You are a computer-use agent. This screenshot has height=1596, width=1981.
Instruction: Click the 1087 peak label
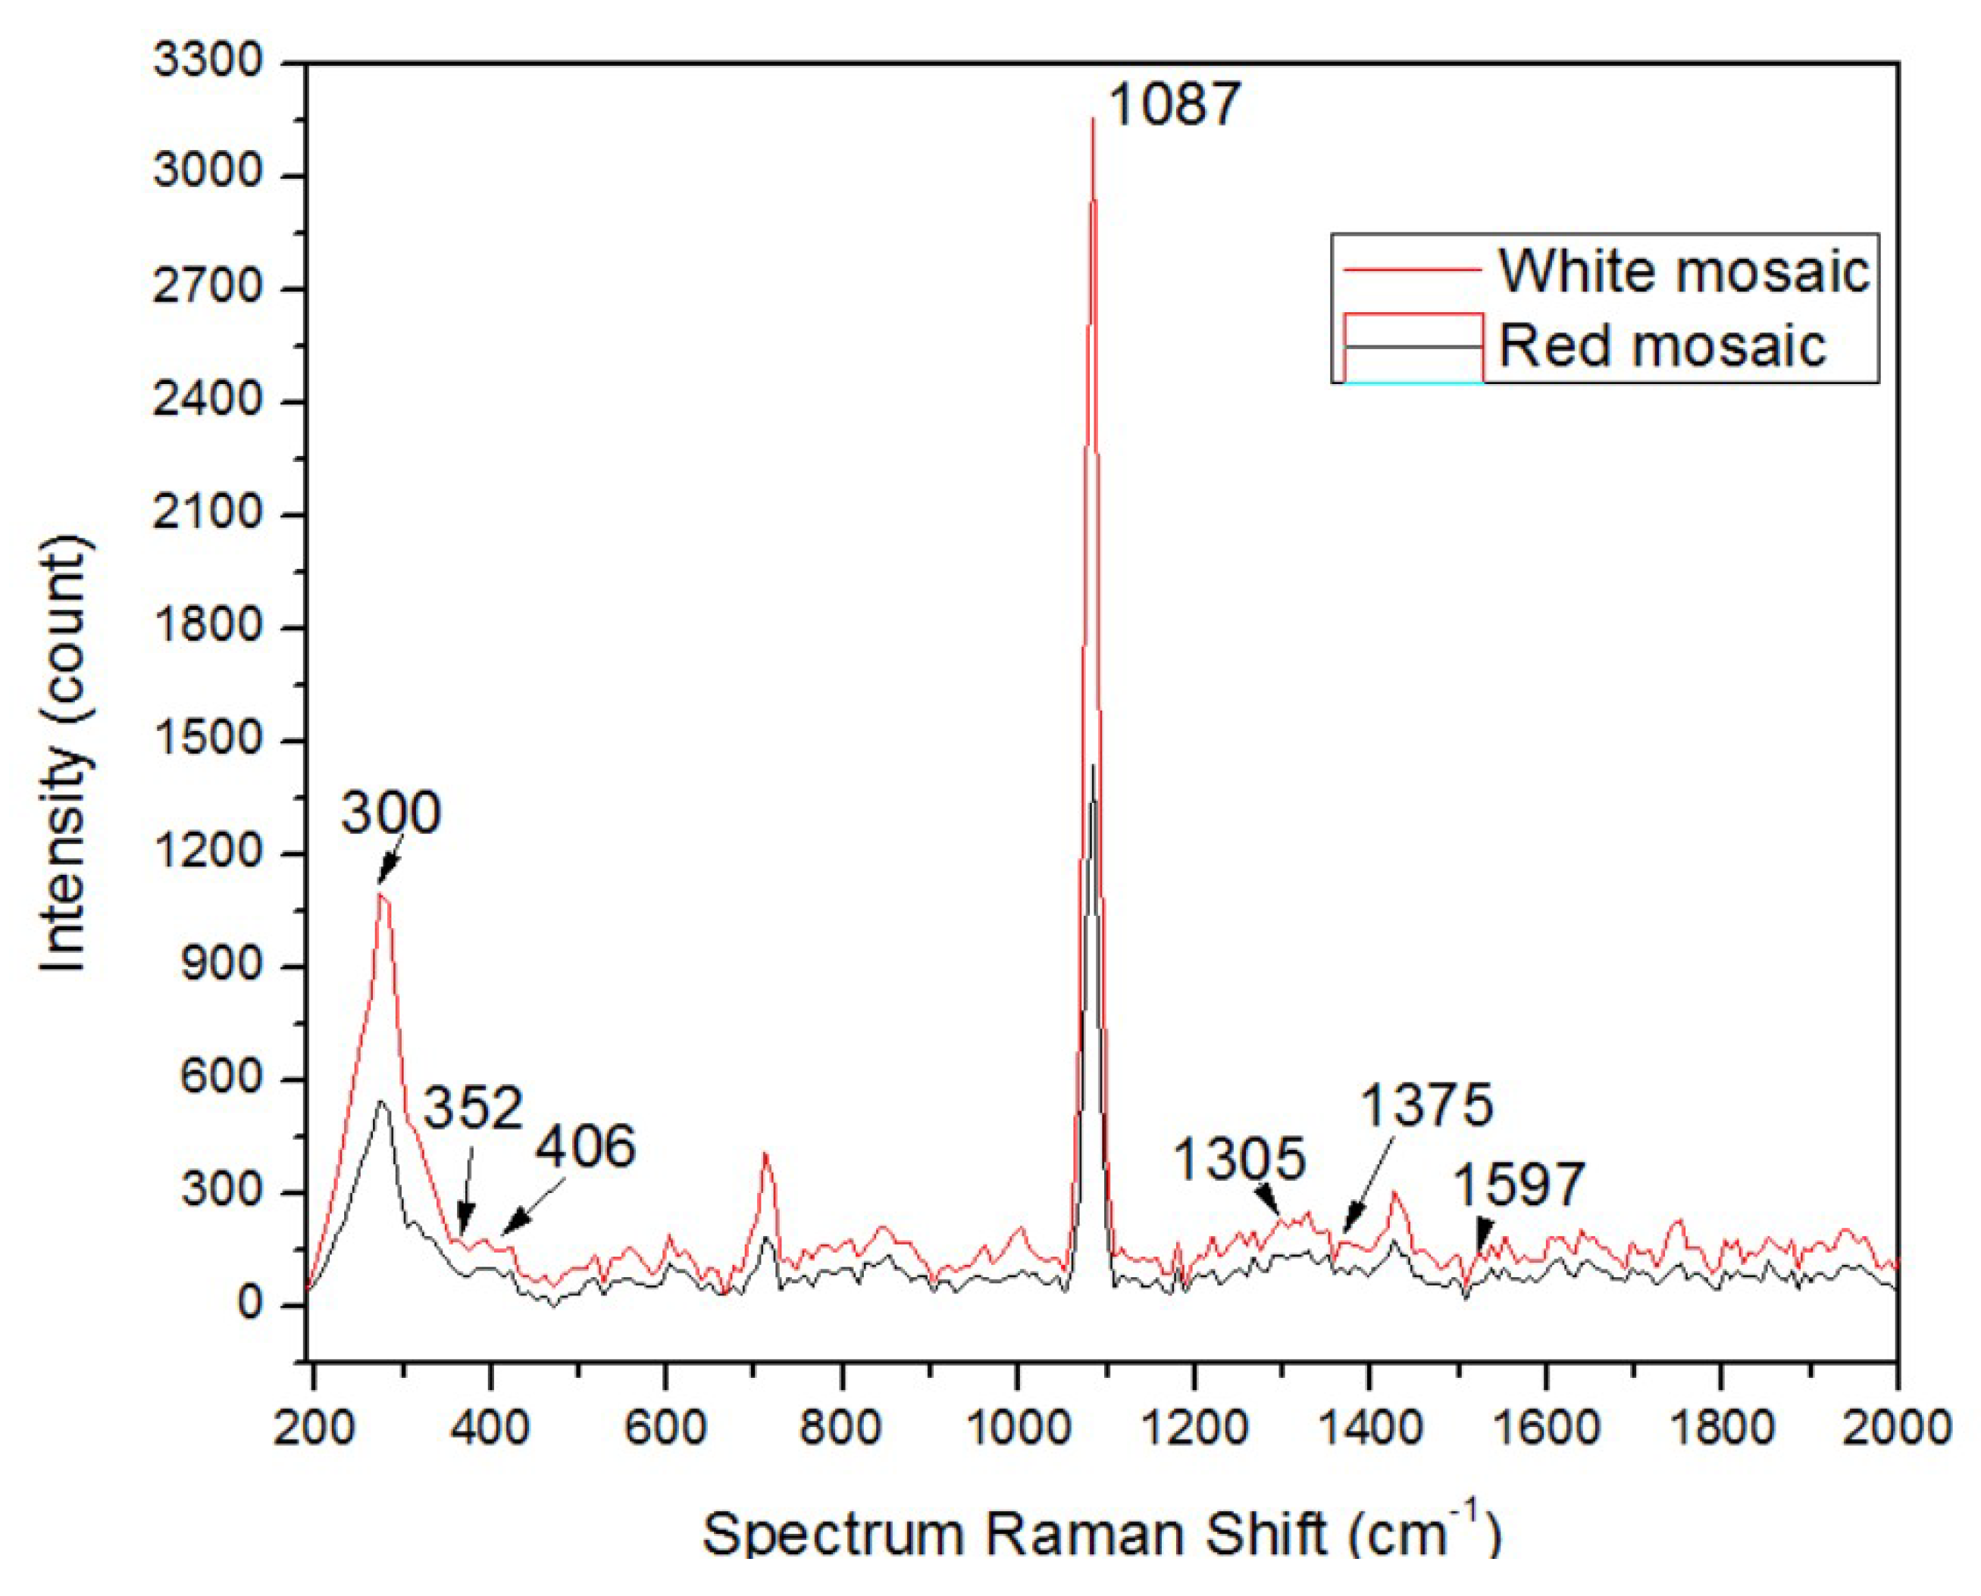point(1175,104)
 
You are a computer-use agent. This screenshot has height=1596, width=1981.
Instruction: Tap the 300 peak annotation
point(391,814)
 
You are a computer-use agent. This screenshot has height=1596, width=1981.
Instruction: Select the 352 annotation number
point(473,1108)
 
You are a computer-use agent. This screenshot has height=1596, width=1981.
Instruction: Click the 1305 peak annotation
point(1239,1158)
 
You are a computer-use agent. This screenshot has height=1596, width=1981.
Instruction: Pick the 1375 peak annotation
point(1426,1105)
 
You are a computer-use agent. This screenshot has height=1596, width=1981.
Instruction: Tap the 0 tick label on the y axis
point(250,1304)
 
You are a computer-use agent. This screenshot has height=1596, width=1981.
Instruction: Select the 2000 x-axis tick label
point(1898,1429)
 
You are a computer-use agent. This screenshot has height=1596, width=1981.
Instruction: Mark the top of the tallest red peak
point(1093,119)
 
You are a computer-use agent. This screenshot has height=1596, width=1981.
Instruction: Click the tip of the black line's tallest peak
point(1093,766)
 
